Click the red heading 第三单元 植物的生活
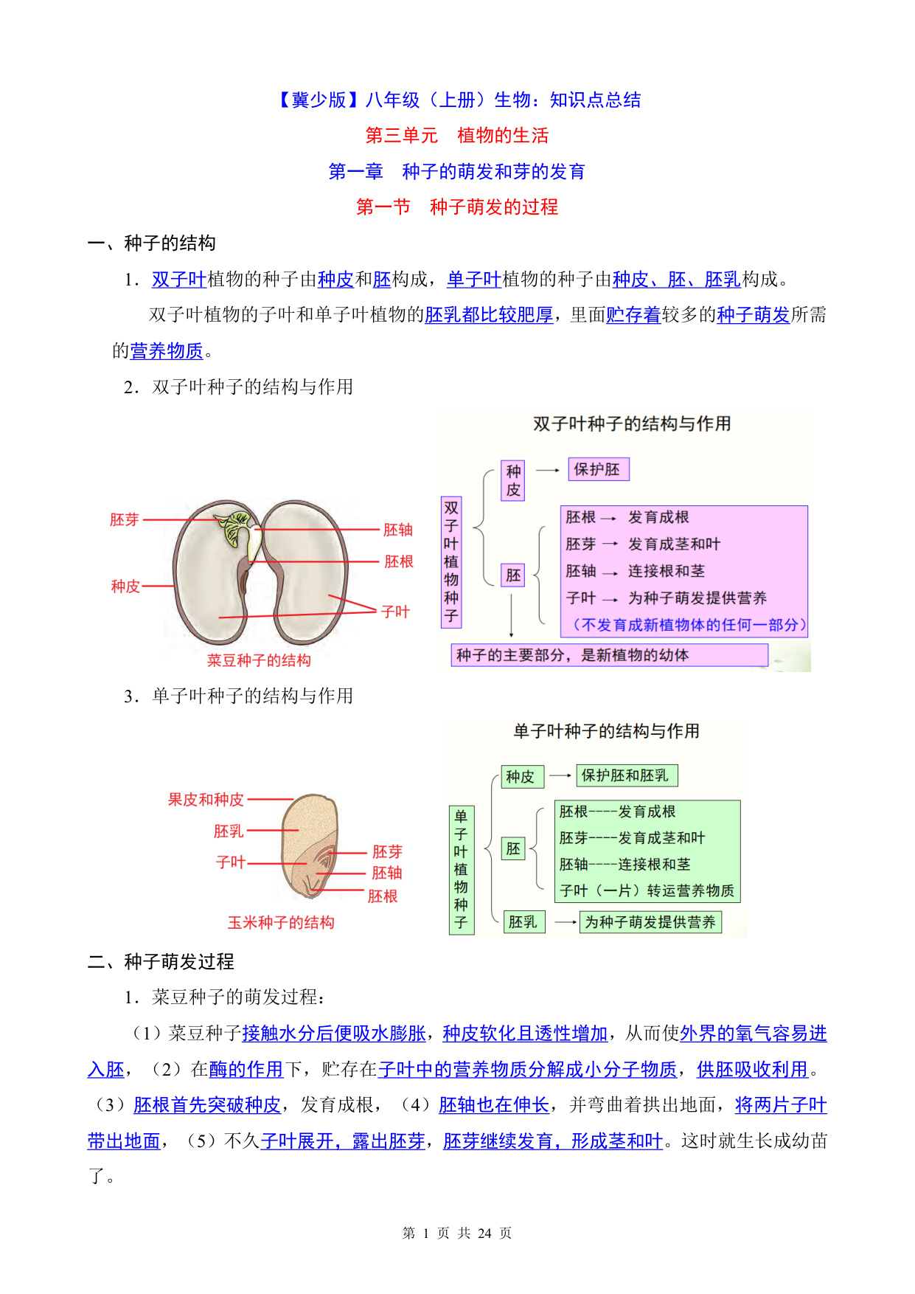click(457, 136)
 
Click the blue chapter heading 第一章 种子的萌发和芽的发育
click(457, 172)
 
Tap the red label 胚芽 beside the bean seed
click(125, 519)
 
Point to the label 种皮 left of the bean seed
click(125, 587)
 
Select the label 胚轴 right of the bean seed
click(398, 530)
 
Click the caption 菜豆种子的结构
click(259, 660)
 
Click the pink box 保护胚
click(598, 470)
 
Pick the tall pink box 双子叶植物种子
click(451, 562)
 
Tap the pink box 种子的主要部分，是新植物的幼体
click(609, 655)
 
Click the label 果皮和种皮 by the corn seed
click(206, 800)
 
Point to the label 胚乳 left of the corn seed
click(229, 831)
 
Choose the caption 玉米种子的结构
click(281, 922)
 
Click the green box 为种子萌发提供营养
click(650, 922)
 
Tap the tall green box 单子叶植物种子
click(462, 870)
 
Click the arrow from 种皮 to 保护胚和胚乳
click(560, 775)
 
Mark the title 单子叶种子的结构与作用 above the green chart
click(607, 731)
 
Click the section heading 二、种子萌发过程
click(161, 962)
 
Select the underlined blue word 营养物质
click(167, 351)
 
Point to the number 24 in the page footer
click(484, 1234)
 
